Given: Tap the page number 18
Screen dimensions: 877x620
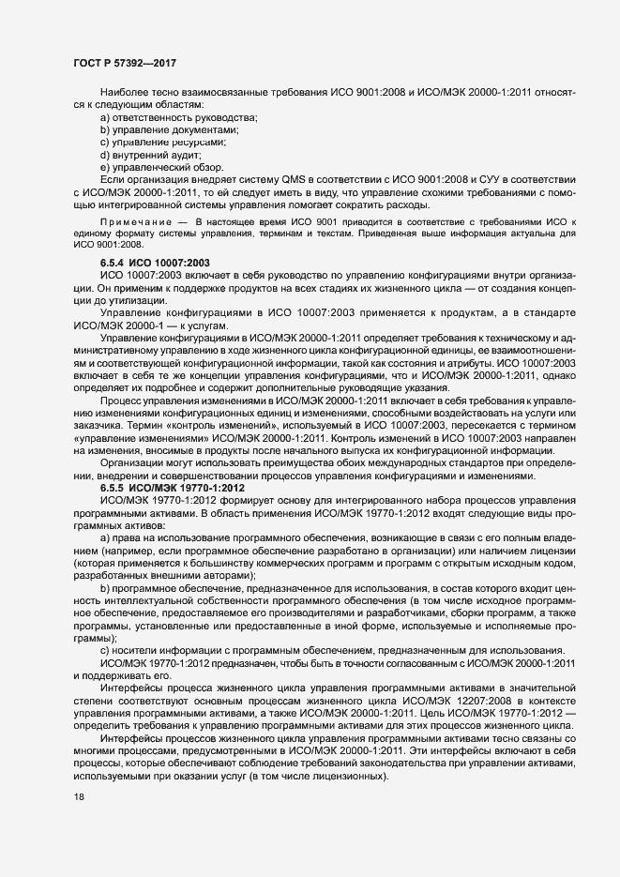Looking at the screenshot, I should (79, 796).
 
